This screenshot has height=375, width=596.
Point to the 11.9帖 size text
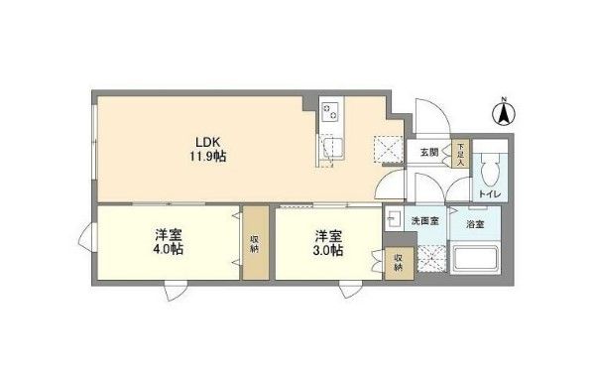pos(204,156)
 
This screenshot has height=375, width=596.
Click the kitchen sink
pos(330,151)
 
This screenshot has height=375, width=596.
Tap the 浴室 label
pos(474,224)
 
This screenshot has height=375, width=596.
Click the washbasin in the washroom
pos(393,220)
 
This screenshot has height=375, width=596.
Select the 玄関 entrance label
pos(428,152)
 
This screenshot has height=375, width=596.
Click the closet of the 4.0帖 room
pos(255,243)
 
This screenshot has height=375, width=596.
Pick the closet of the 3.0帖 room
pos(397,263)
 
